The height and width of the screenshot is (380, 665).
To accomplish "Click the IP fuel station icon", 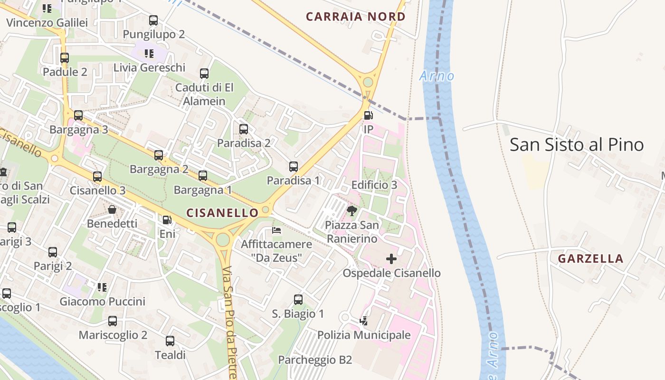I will click(x=368, y=115).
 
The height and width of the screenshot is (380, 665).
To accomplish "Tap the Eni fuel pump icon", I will click(x=167, y=220).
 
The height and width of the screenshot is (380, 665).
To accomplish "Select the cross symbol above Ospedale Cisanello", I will click(x=391, y=259).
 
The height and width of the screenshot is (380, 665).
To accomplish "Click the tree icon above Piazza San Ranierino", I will click(x=352, y=211).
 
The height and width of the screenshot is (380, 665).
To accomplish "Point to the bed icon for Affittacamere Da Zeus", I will click(x=276, y=230).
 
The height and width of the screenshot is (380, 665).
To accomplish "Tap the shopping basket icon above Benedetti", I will click(x=112, y=209).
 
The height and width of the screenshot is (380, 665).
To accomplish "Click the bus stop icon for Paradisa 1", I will click(x=294, y=167).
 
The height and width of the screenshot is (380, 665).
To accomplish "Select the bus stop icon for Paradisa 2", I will click(x=244, y=129).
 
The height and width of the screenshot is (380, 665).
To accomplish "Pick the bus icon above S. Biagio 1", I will click(x=298, y=300).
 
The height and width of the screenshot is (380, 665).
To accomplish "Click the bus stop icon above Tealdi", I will click(x=170, y=341).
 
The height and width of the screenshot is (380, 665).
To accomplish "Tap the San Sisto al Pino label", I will click(x=576, y=145).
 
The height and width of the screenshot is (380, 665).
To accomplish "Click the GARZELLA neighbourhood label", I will click(x=590, y=259).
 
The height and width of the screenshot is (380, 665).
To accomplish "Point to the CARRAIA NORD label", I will click(x=355, y=17).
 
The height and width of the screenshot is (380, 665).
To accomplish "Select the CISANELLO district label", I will click(x=222, y=213).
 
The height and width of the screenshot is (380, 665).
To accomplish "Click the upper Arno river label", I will click(x=437, y=76).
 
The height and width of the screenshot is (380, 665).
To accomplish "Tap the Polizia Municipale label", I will click(x=364, y=335).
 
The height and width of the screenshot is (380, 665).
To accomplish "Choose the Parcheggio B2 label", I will click(x=315, y=360).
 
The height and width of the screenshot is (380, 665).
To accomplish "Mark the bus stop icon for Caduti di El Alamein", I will click(x=204, y=74).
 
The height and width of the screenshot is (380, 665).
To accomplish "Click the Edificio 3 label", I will click(x=374, y=185).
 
